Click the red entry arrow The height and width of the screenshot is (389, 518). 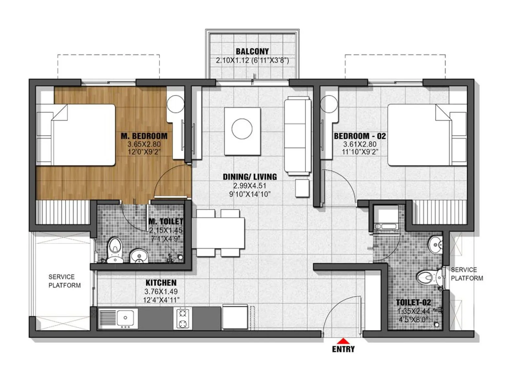click(x=343, y=341)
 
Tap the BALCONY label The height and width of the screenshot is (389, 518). click(x=252, y=51)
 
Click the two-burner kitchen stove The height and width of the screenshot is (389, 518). click(x=183, y=318)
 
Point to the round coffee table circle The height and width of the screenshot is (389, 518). click(x=242, y=129)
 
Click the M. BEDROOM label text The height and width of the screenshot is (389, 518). click(x=144, y=136)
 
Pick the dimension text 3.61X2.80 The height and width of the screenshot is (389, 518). click(x=360, y=144)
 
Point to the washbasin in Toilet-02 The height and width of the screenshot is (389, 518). click(x=436, y=244)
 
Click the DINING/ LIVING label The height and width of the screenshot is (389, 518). click(x=250, y=177)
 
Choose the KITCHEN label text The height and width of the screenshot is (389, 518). click(x=161, y=283)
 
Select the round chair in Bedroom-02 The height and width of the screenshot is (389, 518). click(x=329, y=104)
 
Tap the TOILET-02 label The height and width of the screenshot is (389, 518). click(x=413, y=302)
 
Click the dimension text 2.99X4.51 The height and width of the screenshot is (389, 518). click(x=250, y=186)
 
